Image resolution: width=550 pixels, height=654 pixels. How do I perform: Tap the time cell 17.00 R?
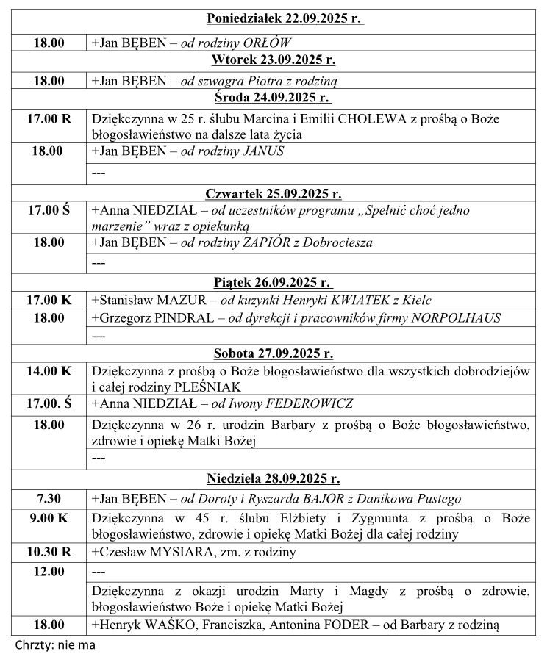point(49,119)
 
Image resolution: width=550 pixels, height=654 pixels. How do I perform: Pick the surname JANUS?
point(263,151)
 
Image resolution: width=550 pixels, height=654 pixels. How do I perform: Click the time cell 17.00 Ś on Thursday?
point(49,210)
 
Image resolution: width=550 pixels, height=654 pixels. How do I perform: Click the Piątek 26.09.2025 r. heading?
point(274,282)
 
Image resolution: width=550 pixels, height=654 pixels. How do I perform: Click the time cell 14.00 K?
point(49,371)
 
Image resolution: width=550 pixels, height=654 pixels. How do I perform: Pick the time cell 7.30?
point(49,497)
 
